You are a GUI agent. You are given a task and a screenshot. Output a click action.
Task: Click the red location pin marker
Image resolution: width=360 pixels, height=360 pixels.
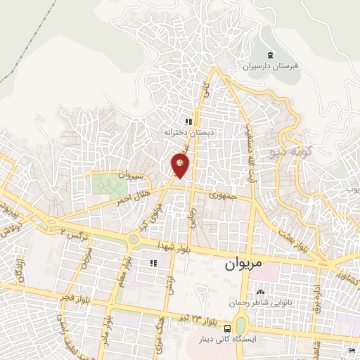coord(181,165)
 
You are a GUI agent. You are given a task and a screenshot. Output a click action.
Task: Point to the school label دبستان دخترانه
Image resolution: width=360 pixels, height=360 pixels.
coord(188,132)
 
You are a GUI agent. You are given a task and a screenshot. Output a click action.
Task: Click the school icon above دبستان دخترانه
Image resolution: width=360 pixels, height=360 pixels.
coord(188,122)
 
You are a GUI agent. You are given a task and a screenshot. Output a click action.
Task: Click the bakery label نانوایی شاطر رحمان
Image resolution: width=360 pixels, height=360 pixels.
coord(261,303)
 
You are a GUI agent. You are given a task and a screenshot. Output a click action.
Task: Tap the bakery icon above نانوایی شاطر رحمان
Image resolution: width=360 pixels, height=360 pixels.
coord(261,292)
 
